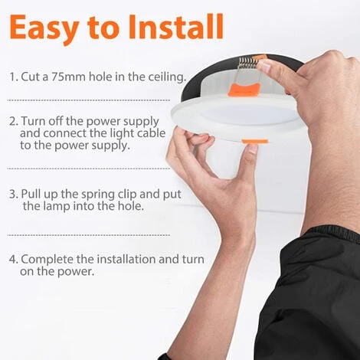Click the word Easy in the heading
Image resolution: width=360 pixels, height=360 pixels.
point(44,28)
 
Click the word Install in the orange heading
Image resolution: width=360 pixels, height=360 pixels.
point(176,27)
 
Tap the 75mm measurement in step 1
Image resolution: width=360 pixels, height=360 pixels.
point(68,77)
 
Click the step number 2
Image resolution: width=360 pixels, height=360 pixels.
point(12,122)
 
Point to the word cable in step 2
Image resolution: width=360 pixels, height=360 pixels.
point(151,133)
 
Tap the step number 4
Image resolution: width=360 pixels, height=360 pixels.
point(13,260)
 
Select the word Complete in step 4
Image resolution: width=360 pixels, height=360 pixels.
point(47,260)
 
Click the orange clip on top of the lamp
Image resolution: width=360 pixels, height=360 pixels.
point(244,90)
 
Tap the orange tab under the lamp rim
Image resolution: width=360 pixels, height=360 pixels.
point(255,141)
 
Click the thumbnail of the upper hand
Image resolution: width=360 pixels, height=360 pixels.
point(264,67)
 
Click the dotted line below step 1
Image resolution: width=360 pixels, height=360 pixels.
point(89,100)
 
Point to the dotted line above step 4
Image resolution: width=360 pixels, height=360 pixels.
point(89,235)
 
